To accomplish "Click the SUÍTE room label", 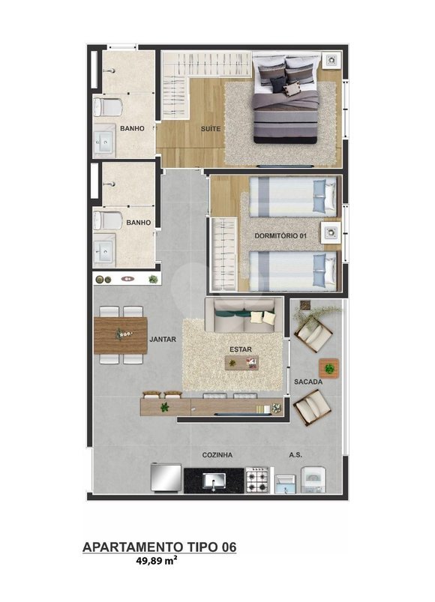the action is click(211, 129).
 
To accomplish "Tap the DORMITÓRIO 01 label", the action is click(280, 235).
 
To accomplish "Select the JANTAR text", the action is click(163, 340).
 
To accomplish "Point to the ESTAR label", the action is click(241, 349).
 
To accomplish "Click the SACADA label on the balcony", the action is click(308, 382).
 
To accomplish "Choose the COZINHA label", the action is click(217, 455).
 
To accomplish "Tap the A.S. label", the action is click(295, 455).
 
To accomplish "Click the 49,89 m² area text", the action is click(157, 560).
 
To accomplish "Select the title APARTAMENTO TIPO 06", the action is click(159, 547).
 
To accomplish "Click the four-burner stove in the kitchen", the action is click(256, 480).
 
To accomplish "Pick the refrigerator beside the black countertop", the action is click(166, 478).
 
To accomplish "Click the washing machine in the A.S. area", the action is click(313, 480).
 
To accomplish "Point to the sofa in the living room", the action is click(244, 315).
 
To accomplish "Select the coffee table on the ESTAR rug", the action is click(241, 363).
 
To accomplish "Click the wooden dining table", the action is click(121, 335).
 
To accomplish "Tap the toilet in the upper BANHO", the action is click(108, 106).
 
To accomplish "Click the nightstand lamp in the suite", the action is click(331, 60).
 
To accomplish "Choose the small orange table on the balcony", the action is click(329, 369).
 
